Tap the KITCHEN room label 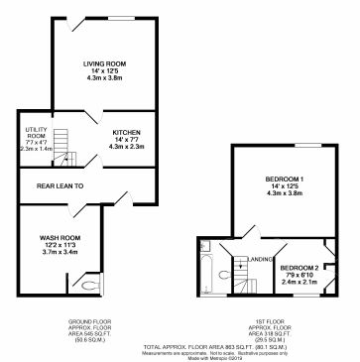pos(126,132)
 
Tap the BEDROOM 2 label pos(300,268)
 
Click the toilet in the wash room pos(89,285)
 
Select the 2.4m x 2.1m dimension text pos(300,283)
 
